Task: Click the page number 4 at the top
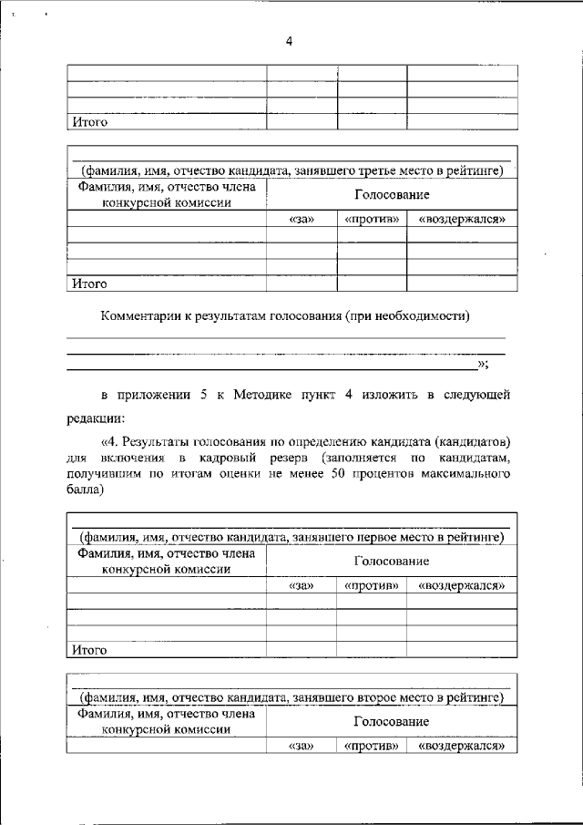(289, 40)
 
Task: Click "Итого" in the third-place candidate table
(89, 284)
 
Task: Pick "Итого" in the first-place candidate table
(89, 650)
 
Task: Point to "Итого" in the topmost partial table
(89, 121)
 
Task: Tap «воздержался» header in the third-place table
(461, 220)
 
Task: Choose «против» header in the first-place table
(371, 586)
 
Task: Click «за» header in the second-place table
(301, 746)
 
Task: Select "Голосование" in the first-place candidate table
(392, 562)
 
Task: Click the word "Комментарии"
(146, 316)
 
